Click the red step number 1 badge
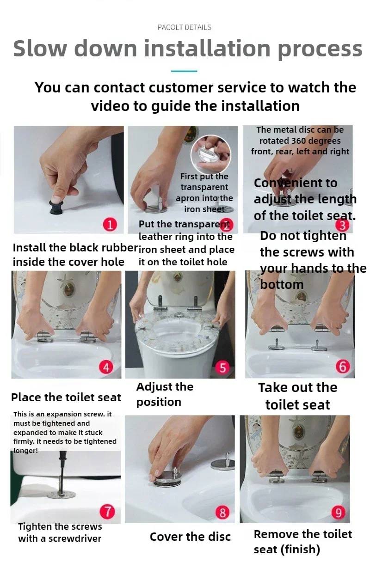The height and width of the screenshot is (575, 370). pyautogui.click(x=110, y=225)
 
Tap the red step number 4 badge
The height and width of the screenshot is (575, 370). pyautogui.click(x=106, y=367)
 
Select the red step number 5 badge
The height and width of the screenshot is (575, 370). pyautogui.click(x=222, y=367)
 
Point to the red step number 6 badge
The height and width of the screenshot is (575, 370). pyautogui.click(x=343, y=366)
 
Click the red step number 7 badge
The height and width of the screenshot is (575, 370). pyautogui.click(x=107, y=512)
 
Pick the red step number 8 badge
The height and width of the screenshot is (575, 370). pyautogui.click(x=222, y=512)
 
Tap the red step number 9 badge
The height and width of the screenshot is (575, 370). pyautogui.click(x=339, y=512)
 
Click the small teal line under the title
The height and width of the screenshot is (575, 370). pyautogui.click(x=184, y=71)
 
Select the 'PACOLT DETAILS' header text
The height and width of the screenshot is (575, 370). pyautogui.click(x=185, y=27)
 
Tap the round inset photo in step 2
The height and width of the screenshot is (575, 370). pyautogui.click(x=211, y=154)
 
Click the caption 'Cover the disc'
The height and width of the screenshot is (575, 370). pyautogui.click(x=190, y=537)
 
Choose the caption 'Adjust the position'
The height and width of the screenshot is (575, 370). pyautogui.click(x=165, y=394)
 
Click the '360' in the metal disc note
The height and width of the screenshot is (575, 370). pyautogui.click(x=300, y=141)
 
